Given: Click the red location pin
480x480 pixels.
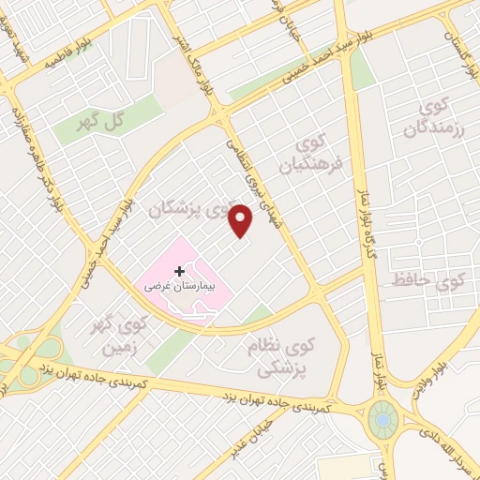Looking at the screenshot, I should (242, 219).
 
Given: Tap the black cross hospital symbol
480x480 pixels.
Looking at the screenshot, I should (179, 270).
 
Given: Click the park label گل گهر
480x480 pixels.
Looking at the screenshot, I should (100, 122).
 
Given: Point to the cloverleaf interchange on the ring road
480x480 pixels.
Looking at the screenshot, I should (30, 367).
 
